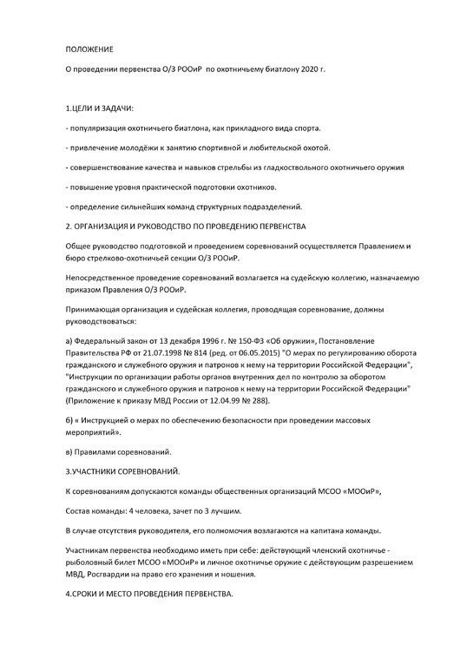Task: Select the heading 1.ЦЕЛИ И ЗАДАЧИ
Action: coord(100,108)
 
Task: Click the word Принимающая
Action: coord(97,308)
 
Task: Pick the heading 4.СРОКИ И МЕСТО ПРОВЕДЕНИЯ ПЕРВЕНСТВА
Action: coord(150,601)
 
